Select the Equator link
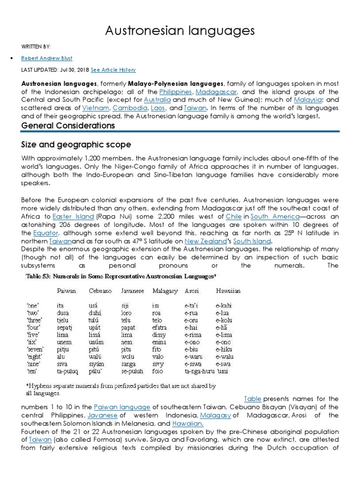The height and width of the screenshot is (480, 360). click(x=46, y=233)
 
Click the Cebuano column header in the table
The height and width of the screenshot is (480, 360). click(x=100, y=291)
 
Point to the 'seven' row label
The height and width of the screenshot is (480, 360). click(x=36, y=349)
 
